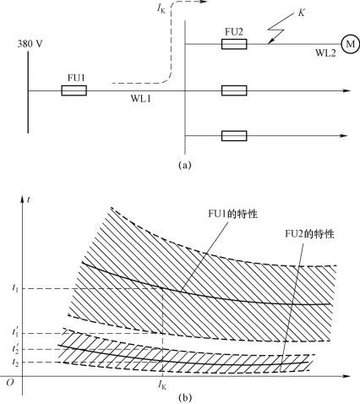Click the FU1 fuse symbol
74,90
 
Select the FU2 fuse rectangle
234,44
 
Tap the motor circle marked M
350,44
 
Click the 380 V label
30,44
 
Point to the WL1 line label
140,99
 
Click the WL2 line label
325,53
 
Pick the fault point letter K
301,13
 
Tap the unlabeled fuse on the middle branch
234,90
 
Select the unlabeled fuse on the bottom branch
234,136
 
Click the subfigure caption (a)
185,165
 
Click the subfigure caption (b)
185,398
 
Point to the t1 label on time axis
15,288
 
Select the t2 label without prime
15,363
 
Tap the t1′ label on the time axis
15,332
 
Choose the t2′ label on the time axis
15,348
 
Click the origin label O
10,383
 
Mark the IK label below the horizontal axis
162,385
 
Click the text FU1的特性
232,214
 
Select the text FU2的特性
309,234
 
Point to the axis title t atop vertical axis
29,199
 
